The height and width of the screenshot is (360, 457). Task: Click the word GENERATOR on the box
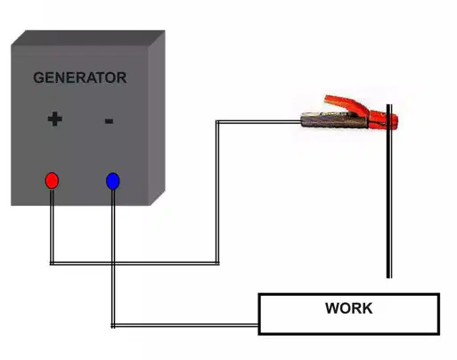point(80,78)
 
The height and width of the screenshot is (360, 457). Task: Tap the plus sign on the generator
point(55,119)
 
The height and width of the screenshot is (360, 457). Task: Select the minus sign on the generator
point(109,121)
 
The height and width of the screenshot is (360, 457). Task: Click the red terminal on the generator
point(52,180)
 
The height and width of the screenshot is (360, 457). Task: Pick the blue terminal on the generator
point(113,181)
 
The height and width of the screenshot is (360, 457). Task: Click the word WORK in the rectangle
point(349,308)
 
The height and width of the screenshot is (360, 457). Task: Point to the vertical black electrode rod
point(389,191)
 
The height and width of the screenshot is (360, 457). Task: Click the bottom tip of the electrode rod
point(389,278)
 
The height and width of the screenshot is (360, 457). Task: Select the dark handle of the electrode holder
point(334,120)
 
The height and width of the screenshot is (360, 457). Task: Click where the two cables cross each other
point(113,263)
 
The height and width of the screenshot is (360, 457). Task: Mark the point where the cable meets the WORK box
point(258,325)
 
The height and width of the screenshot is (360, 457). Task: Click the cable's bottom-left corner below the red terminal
point(52,263)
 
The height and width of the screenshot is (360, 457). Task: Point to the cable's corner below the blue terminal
point(113,325)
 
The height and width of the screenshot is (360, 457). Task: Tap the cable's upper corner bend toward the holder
point(217,121)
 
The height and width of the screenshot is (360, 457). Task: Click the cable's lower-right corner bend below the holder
point(217,263)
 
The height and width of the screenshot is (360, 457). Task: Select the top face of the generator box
point(88,37)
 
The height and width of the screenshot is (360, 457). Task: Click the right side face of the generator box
point(157,118)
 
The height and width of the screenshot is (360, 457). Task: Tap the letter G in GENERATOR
point(38,78)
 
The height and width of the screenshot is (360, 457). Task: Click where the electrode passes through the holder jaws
point(389,121)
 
